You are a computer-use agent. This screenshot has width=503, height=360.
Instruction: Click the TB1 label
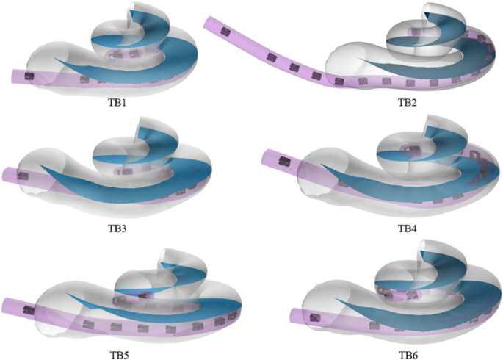coord(116,103)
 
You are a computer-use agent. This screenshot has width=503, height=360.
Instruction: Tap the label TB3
coord(116,228)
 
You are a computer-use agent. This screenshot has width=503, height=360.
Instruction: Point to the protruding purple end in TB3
coord(7,174)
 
